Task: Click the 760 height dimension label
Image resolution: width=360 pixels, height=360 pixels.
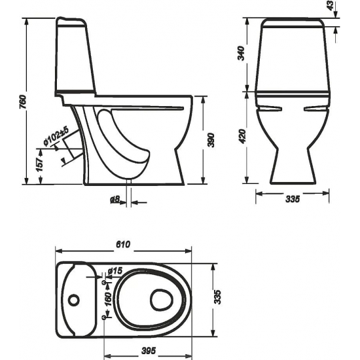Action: (23, 101)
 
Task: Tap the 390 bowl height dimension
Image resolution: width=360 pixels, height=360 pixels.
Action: (211, 140)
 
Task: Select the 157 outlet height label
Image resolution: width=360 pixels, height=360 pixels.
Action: (40, 164)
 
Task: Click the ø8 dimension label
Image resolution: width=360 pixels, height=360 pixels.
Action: (115, 200)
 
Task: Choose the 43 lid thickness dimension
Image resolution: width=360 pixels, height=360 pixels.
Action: (331, 5)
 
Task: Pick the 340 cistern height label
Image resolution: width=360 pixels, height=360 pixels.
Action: (241, 53)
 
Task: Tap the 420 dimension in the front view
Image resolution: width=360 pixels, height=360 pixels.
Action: (242, 136)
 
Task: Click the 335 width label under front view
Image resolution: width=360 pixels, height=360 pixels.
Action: (293, 199)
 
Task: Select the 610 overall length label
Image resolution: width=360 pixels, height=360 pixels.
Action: (123, 244)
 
